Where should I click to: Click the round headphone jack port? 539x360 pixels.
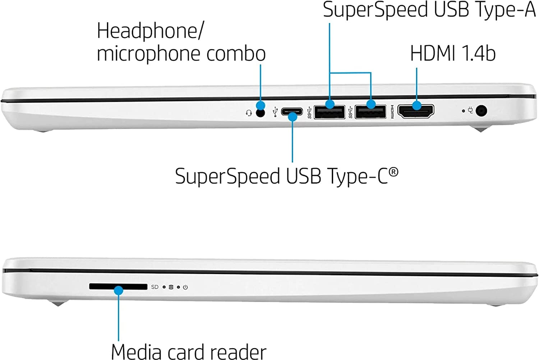pyautogui.click(x=261, y=113)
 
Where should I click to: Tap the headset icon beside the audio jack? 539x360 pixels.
pyautogui.click(x=248, y=113)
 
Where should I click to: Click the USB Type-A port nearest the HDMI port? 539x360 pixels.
pyautogui.click(x=370, y=112)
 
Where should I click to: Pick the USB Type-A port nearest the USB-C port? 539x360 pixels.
pyautogui.click(x=329, y=112)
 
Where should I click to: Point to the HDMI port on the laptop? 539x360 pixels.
pyautogui.click(x=416, y=111)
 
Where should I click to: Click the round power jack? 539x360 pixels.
pyautogui.click(x=481, y=110)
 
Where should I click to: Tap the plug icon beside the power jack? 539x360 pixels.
pyautogui.click(x=471, y=111)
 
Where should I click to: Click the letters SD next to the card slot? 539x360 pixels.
pyautogui.click(x=155, y=287)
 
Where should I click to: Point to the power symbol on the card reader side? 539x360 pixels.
pyautogui.click(x=185, y=287)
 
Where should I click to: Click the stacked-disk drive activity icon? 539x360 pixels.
pyautogui.click(x=171, y=287)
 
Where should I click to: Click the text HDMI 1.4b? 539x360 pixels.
pyautogui.click(x=453, y=53)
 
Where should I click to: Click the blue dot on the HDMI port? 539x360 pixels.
pyautogui.click(x=416, y=106)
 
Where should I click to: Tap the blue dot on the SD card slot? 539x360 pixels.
pyautogui.click(x=119, y=290)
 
